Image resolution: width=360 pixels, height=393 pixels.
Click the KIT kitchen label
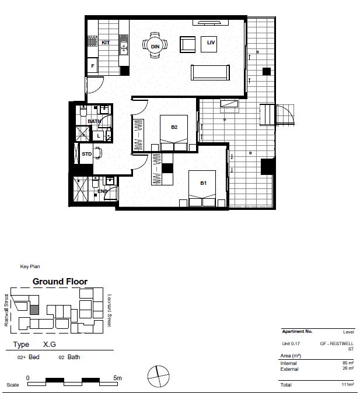tap(106, 43)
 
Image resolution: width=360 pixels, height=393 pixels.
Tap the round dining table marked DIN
tap(155, 45)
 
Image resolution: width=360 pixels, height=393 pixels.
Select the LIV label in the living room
tap(210, 43)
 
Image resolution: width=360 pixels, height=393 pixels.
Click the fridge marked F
tap(93, 66)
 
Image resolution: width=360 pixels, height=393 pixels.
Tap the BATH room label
tap(94, 121)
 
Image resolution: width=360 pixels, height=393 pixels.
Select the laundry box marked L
tap(99, 136)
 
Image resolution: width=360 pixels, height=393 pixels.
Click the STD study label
tap(87, 155)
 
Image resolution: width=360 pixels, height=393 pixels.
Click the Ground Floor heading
tap(60, 282)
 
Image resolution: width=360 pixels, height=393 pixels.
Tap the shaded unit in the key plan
tap(34, 310)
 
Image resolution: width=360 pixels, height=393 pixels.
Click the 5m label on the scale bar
tap(118, 378)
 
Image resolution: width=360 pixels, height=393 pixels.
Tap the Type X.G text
tap(35, 345)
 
